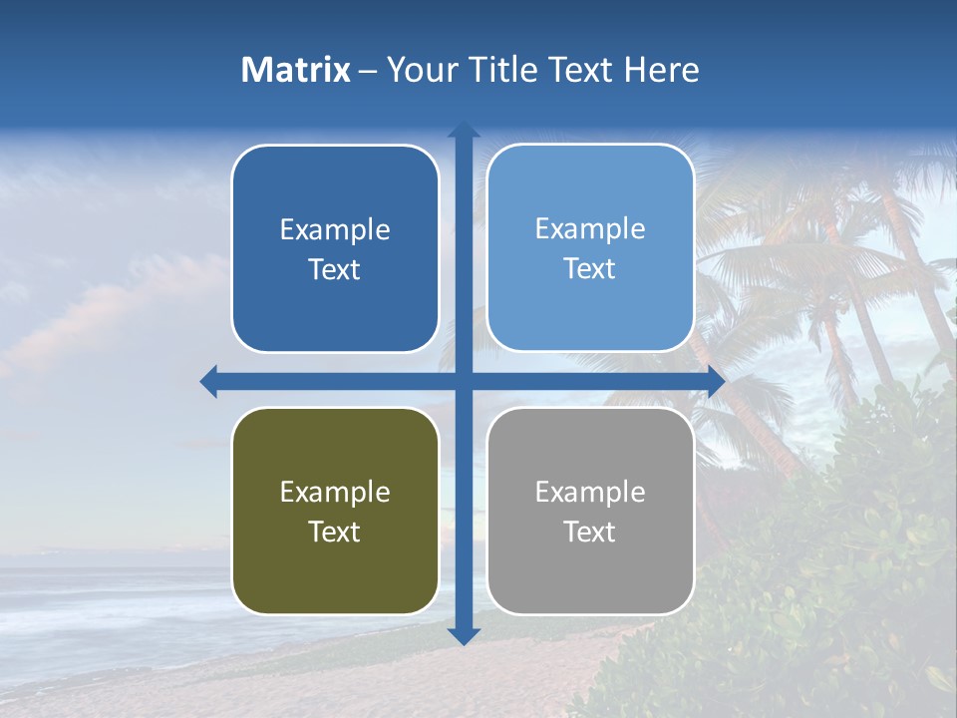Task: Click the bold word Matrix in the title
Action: (x=296, y=70)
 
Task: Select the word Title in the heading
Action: (x=503, y=70)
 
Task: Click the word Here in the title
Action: (x=662, y=70)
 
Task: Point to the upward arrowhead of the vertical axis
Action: (x=464, y=130)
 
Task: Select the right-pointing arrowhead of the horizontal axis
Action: (x=716, y=381)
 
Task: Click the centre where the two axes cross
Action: (x=464, y=381)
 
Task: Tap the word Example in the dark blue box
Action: (x=335, y=230)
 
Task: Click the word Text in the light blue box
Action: (x=590, y=269)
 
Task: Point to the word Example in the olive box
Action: (x=335, y=493)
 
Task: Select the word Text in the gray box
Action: (x=590, y=532)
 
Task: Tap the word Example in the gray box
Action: (x=590, y=493)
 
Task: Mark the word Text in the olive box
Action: (x=335, y=532)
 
